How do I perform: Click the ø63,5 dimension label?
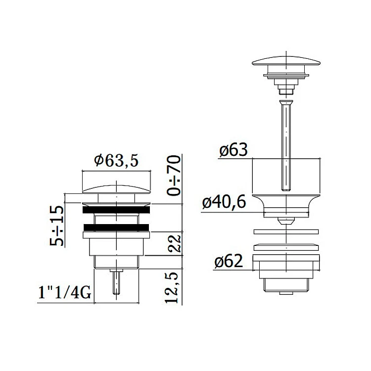[x=116, y=161]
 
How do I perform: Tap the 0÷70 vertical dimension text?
[x=174, y=175]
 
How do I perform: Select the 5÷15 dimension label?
[x=57, y=226]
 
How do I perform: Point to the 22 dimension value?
[x=174, y=243]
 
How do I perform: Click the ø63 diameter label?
[x=233, y=150]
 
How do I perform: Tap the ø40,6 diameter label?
[x=224, y=202]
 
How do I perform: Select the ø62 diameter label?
[x=229, y=261]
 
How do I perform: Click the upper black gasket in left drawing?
[x=116, y=210]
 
